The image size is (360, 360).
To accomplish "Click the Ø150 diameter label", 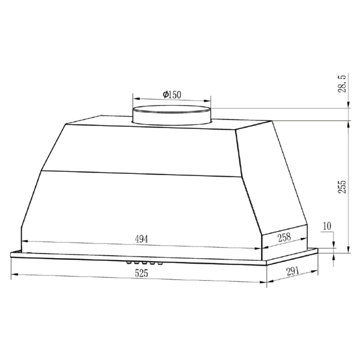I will coord(171,94).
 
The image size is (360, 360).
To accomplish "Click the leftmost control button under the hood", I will coord(129,262).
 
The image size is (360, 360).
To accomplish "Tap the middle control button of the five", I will coord(144,263).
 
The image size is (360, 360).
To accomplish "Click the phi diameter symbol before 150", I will coord(165,94).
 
